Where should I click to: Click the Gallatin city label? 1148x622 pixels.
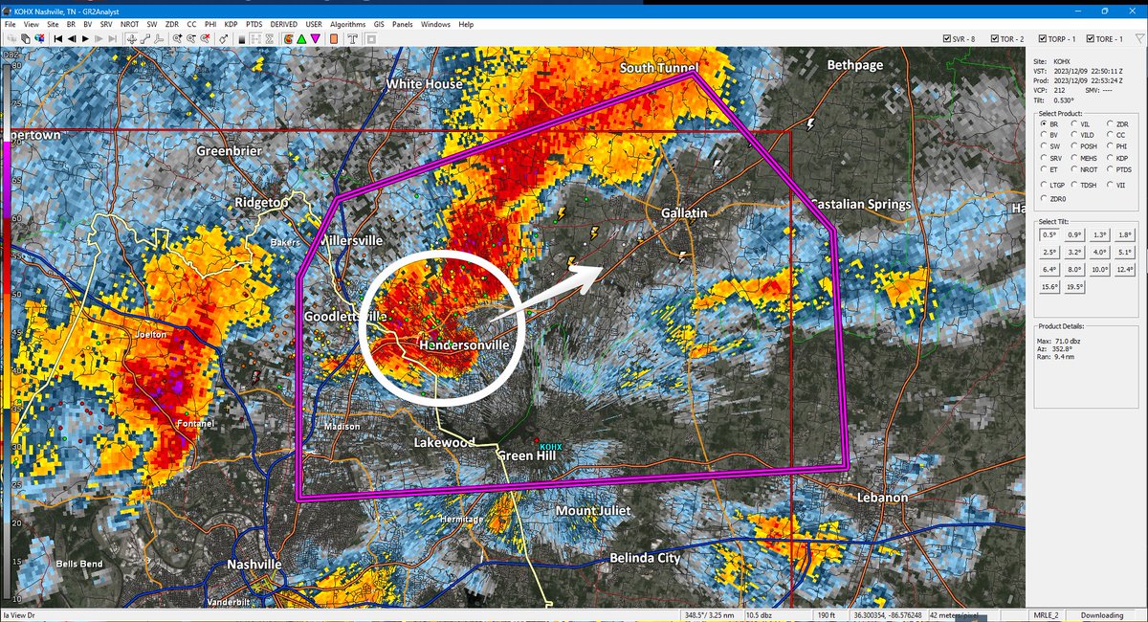click(x=684, y=212)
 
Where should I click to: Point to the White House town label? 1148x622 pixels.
click(x=424, y=84)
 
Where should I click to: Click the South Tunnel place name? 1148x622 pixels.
click(x=659, y=68)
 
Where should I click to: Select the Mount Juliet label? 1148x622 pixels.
click(x=593, y=511)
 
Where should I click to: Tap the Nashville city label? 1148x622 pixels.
click(x=254, y=565)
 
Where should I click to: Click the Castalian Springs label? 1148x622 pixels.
click(x=859, y=205)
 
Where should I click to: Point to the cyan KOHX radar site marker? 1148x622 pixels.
click(x=550, y=447)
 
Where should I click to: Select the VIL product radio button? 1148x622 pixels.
click(x=1073, y=123)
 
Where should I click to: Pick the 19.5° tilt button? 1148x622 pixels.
click(x=1074, y=287)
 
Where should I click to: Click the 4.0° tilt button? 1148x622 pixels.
click(x=1099, y=253)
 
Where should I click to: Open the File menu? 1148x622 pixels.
click(x=10, y=24)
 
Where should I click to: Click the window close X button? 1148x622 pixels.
click(x=1132, y=10)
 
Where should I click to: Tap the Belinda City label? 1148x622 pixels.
click(x=645, y=558)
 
